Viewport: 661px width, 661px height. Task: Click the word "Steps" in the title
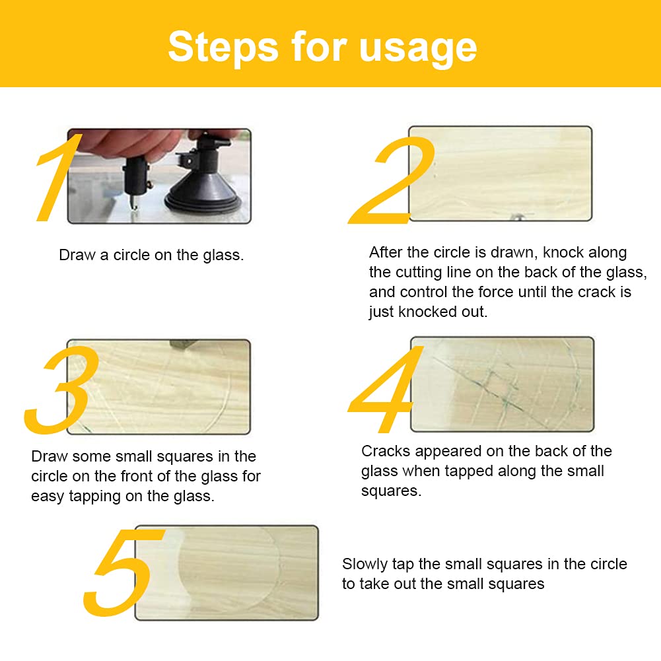[223, 48]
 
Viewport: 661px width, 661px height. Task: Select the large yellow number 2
[390, 180]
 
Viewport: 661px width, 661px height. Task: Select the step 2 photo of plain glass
[500, 173]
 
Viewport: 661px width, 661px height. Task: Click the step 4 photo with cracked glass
[502, 384]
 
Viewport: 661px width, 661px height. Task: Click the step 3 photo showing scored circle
[158, 386]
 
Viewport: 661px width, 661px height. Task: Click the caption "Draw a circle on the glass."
[151, 255]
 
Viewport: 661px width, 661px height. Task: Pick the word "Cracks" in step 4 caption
[386, 451]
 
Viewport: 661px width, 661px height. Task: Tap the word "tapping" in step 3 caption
[95, 497]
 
